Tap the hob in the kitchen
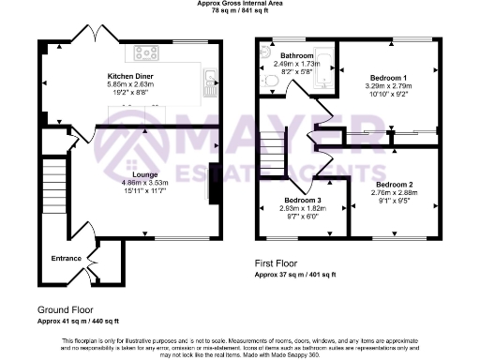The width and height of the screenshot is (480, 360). [x=147, y=52]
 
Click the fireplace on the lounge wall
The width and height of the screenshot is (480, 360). [x=213, y=182]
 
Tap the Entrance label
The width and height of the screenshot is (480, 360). [x=67, y=260]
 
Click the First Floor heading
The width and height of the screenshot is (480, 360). [x=279, y=264]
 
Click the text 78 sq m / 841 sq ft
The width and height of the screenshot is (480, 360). [x=240, y=12]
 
